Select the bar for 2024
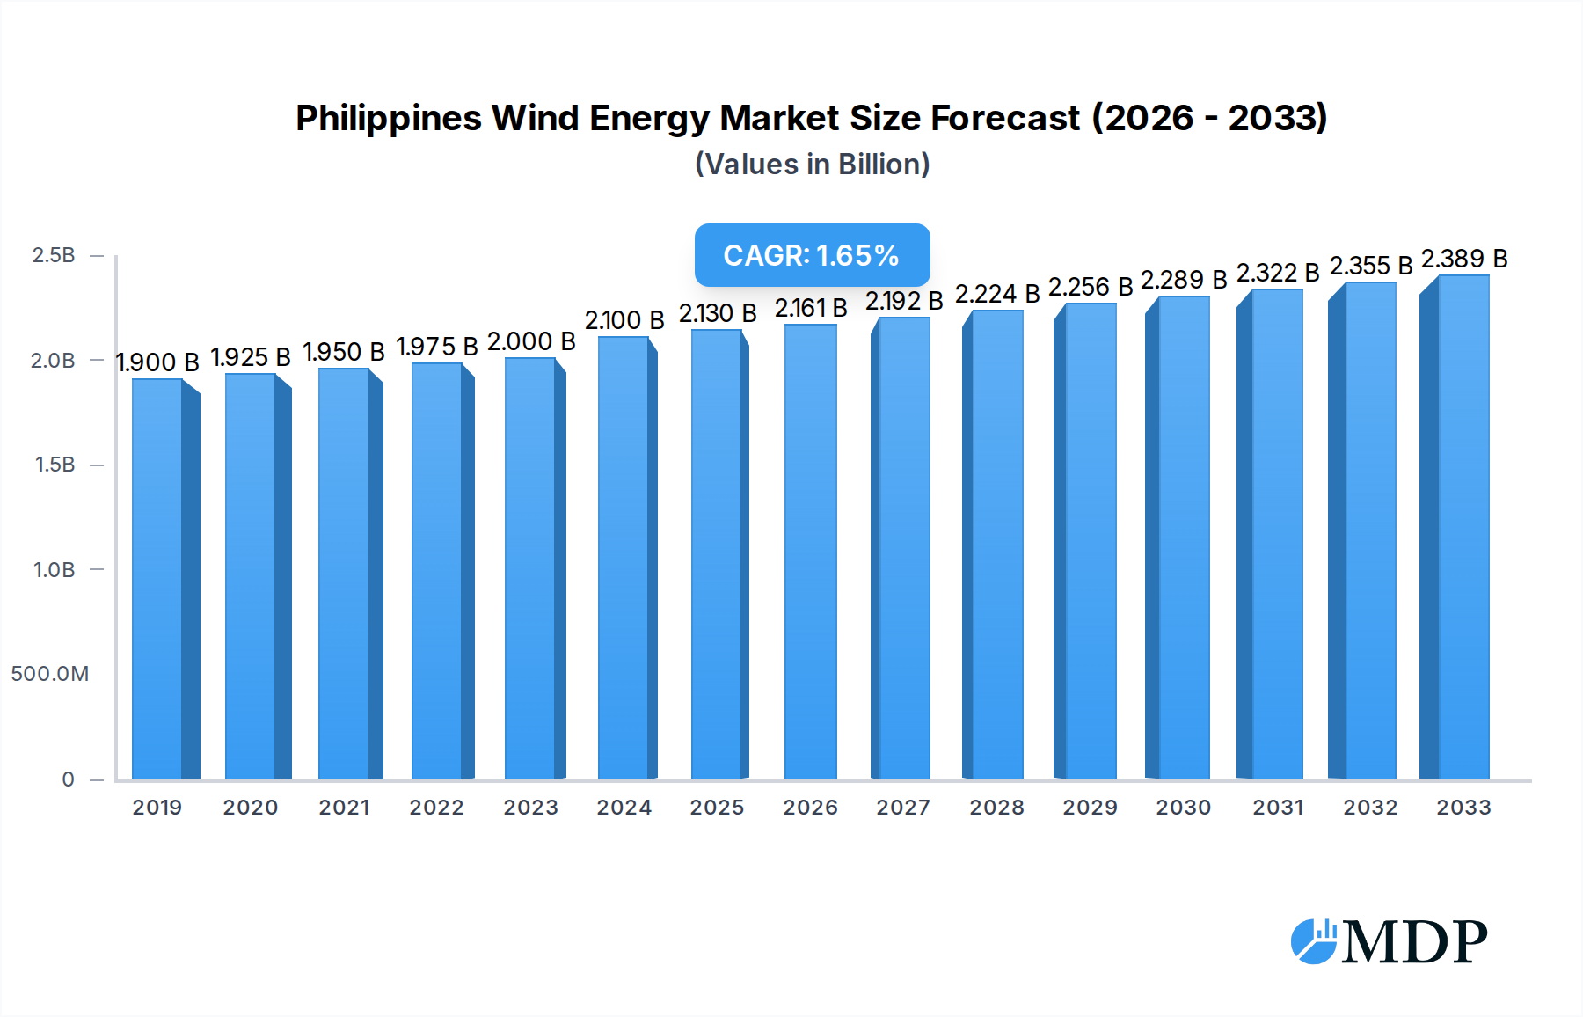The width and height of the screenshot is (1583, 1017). pos(624,558)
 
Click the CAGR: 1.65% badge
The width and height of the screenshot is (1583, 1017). pos(812,255)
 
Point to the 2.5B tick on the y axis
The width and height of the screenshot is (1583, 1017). pos(54,255)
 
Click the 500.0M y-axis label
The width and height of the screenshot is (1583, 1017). pos(50,674)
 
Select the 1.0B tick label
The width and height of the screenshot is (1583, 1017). pos(54,570)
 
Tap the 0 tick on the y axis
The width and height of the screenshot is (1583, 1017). pos(68,779)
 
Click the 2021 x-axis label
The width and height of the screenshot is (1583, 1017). pos(344,808)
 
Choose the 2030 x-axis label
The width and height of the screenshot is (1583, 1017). pos(1183,808)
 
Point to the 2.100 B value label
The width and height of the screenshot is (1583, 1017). pos(624,320)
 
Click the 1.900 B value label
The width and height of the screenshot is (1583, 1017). pos(157,362)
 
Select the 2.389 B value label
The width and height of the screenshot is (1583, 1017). pos(1464,259)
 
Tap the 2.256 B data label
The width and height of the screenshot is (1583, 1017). pos(1091,287)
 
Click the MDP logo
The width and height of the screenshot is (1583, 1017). pos(1390,941)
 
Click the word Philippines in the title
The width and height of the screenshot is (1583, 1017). pos(388,118)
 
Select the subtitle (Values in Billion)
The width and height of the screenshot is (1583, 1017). pos(812,165)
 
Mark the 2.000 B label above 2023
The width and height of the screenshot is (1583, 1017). pos(531,341)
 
